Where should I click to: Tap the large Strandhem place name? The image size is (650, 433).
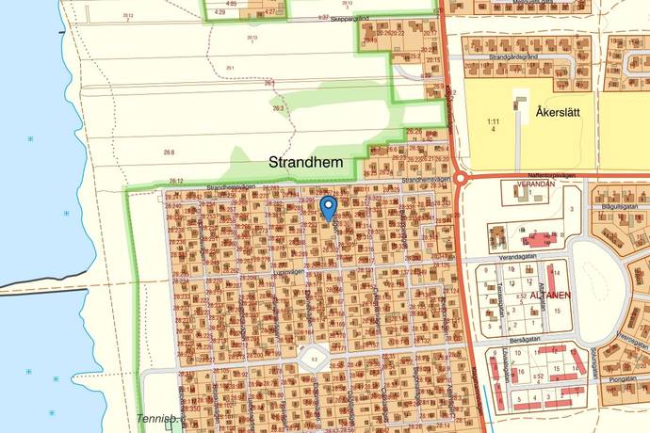pyautogui.click(x=309, y=162)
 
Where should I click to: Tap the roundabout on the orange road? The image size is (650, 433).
pyautogui.click(x=460, y=178)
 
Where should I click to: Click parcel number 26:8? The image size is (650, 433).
pyautogui.click(x=169, y=152)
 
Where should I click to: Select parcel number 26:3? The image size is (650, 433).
pyautogui.click(x=277, y=108)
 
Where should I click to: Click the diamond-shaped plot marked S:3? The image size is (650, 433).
pyautogui.click(x=314, y=359)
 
